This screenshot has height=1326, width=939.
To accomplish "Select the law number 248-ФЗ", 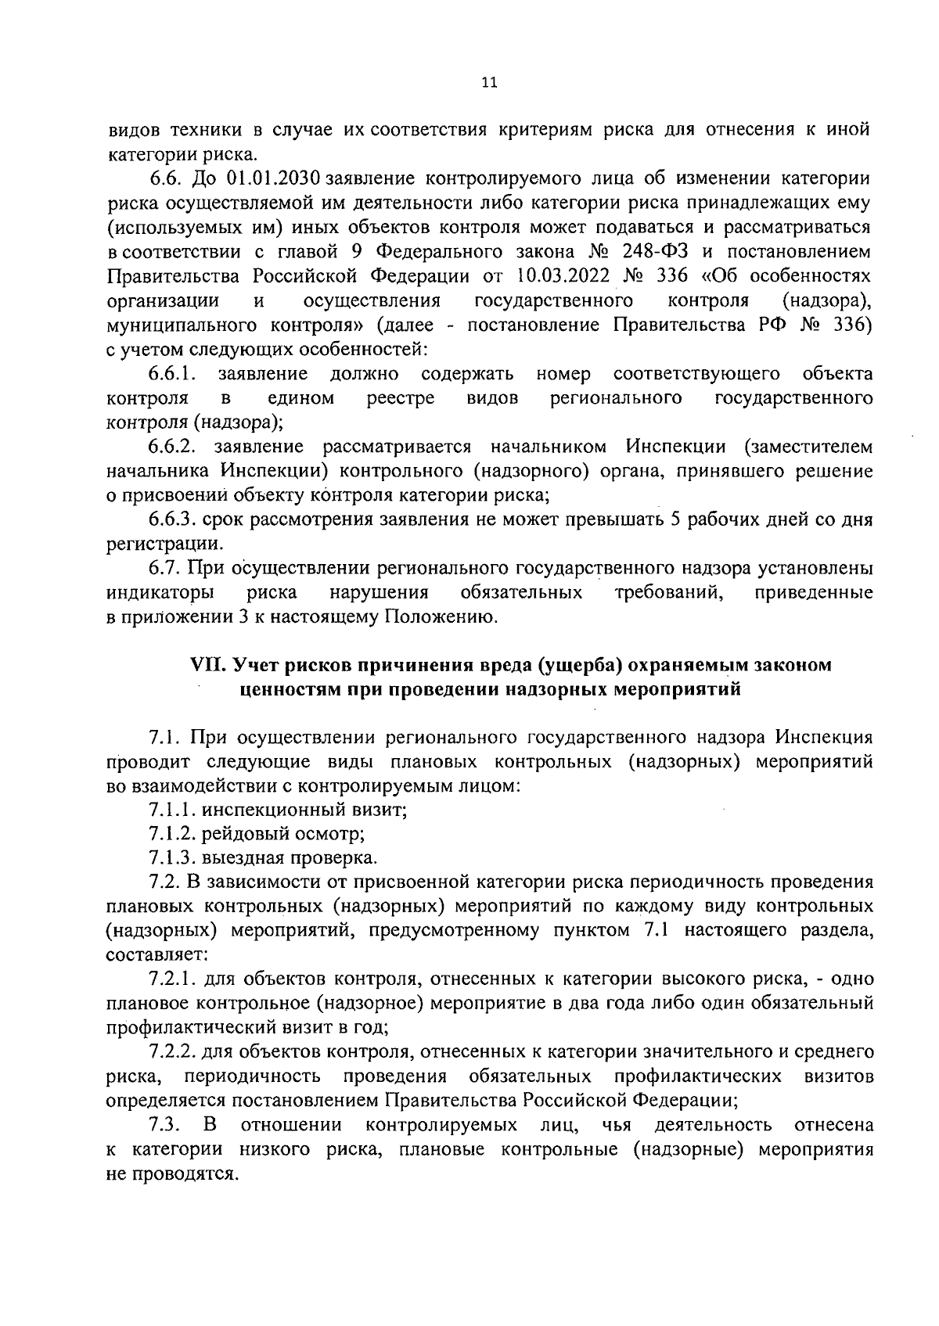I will click(x=640, y=252).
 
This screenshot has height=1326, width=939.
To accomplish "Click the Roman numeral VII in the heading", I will click(x=208, y=665).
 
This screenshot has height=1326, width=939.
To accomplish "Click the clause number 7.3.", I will click(x=165, y=1125).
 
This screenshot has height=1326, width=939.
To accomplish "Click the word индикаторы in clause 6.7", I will click(x=160, y=592).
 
